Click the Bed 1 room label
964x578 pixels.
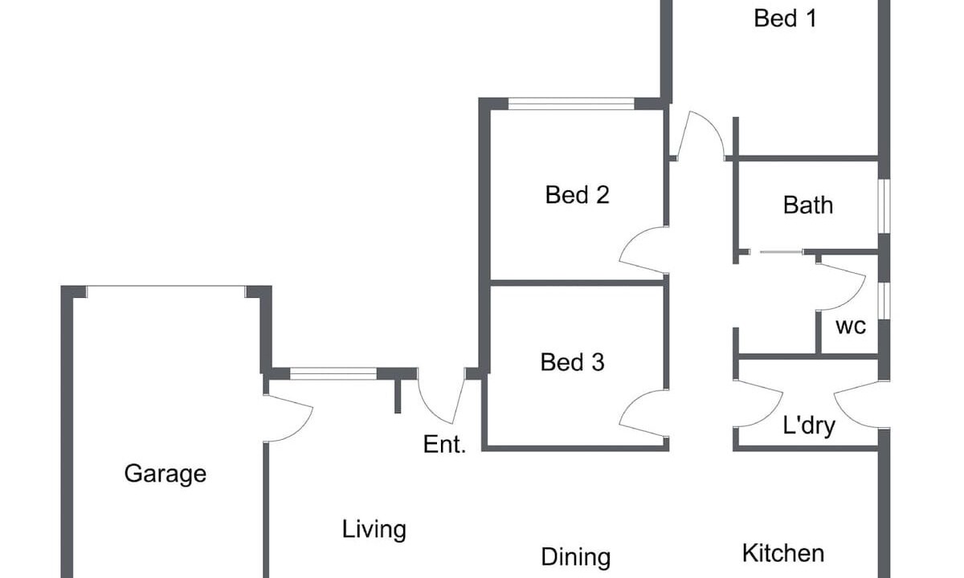tap(785, 18)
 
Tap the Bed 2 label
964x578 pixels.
tap(577, 195)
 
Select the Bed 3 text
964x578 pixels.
tap(572, 362)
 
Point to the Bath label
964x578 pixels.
tap(808, 206)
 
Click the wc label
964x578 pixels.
tap(851, 327)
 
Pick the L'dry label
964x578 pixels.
tap(809, 425)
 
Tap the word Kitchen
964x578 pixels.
tap(783, 553)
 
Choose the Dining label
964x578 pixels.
tap(576, 557)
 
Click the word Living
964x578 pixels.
tap(374, 530)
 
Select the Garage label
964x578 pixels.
tap(165, 474)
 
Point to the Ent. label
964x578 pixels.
tap(444, 444)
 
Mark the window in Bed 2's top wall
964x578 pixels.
tap(571, 104)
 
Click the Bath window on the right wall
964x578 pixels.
tap(884, 206)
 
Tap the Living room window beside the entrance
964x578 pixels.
tap(333, 373)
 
